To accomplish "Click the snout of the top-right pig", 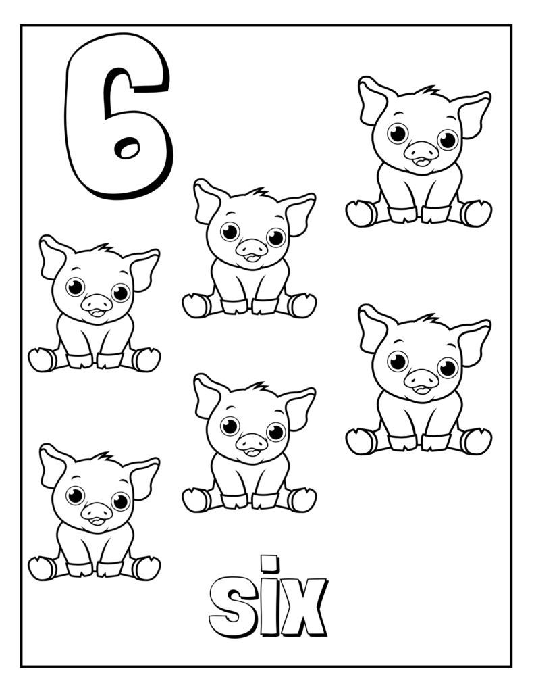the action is pos(421,151).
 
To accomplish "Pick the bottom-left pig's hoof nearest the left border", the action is pos(41,568).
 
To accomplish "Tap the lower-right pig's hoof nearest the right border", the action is pos(477,441).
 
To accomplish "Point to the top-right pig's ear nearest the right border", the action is pos(475,114).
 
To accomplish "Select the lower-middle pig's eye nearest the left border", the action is pos(230,426).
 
